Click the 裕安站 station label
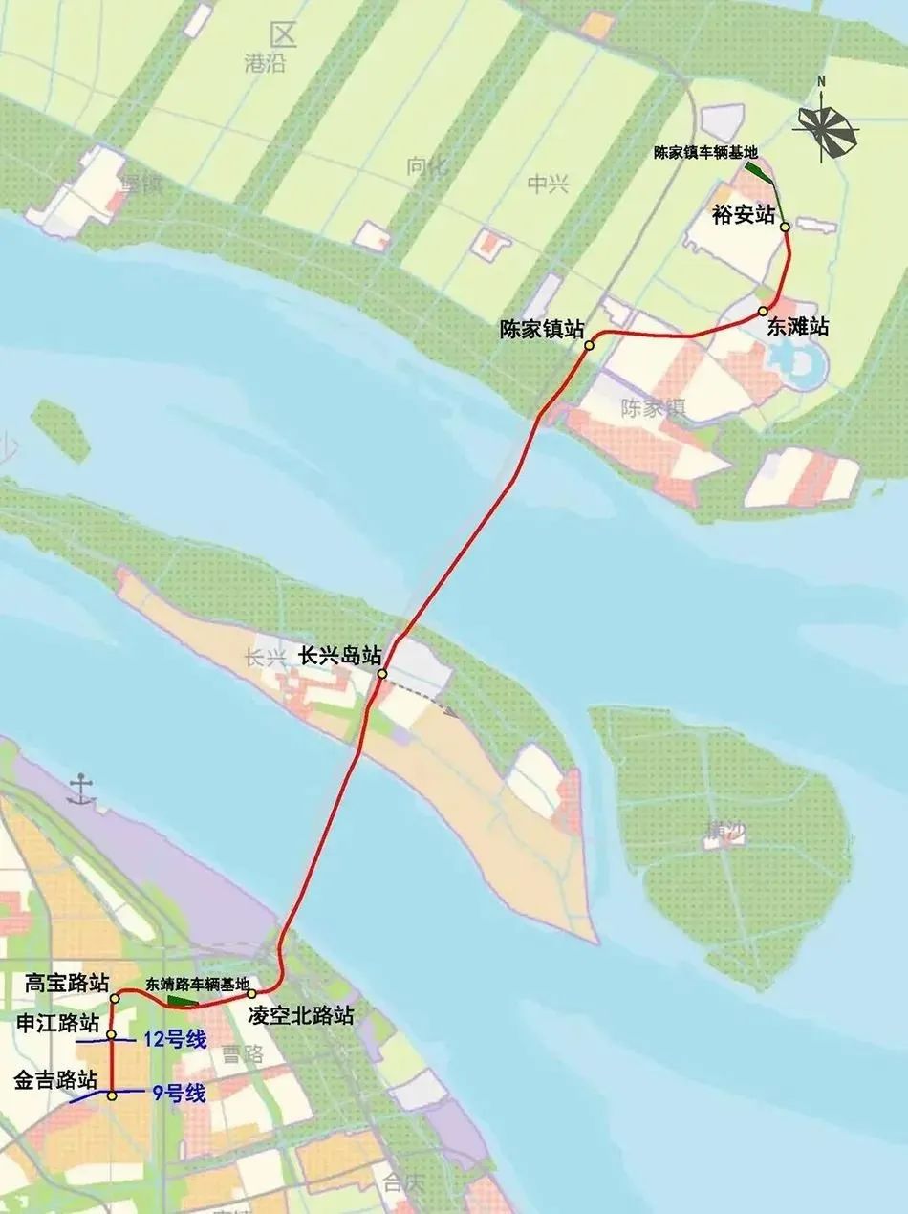744,214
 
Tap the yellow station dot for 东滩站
764,312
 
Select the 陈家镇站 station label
542,329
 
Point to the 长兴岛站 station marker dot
381,675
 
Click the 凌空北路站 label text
300,1015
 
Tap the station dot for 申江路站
112,1035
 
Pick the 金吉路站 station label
56,1080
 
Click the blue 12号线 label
174,1040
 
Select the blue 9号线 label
179,1094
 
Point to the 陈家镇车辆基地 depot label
705,152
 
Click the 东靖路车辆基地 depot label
197,984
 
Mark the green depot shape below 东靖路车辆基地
181,1001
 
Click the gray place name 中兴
548,184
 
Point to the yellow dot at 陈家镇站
590,345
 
